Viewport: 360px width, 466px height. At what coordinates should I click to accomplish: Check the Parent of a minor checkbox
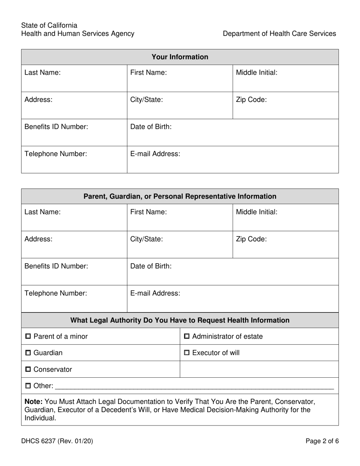pos(28,336)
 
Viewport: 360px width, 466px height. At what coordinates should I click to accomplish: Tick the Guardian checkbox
pos(28,353)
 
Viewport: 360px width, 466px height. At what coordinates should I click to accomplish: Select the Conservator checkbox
pos(28,369)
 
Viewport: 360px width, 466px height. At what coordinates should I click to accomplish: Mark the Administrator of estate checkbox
pos(187,336)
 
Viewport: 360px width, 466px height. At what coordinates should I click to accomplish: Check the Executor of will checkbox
pos(187,353)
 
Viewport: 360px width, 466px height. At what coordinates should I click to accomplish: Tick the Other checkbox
pos(28,386)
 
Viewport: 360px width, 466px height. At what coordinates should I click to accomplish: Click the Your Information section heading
pos(180,57)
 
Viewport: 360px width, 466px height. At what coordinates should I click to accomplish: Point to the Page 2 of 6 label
pos(322,441)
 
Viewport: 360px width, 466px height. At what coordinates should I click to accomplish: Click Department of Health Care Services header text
pos(279,34)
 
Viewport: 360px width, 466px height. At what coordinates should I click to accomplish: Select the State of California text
pos(49,25)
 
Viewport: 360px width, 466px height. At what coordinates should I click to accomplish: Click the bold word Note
pos(33,402)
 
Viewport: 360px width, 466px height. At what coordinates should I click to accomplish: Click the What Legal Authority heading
pos(180,321)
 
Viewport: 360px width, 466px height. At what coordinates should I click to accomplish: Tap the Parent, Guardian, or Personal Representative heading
pos(180,197)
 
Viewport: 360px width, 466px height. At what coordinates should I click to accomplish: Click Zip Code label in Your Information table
pos(251,100)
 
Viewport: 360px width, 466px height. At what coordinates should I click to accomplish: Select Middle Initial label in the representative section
pos(257,212)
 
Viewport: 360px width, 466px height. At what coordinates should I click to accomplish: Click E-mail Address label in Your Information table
pos(155,154)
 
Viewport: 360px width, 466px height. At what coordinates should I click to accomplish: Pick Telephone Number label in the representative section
pos(56,293)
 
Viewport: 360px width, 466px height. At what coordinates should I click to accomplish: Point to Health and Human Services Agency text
pos(78,34)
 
